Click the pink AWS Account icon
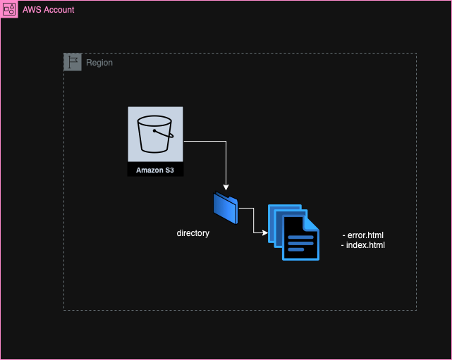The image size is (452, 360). [9, 9]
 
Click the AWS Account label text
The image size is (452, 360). [48, 10]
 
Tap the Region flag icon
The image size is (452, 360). [73, 62]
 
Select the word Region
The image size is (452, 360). [99, 63]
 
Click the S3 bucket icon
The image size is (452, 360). [155, 135]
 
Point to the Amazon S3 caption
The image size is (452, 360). [155, 170]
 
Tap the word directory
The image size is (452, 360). [193, 233]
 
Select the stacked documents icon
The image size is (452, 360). [293, 232]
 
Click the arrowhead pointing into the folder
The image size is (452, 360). [226, 188]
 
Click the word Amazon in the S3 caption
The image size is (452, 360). [146, 170]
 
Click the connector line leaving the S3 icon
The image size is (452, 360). [204, 142]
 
